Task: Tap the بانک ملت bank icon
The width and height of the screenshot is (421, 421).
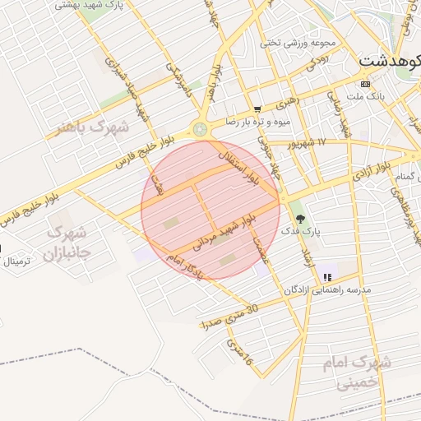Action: coord(366,84)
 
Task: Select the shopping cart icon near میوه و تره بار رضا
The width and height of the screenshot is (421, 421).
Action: coord(257,109)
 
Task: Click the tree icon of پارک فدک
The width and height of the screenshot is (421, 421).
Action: coord(298,219)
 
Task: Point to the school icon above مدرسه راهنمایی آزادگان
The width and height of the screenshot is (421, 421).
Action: coord(327,277)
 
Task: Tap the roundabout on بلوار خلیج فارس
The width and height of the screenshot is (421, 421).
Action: coord(200,128)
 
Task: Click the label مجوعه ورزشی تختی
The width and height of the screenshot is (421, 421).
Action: coord(287,42)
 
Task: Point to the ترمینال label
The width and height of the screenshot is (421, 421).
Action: coord(16,261)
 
